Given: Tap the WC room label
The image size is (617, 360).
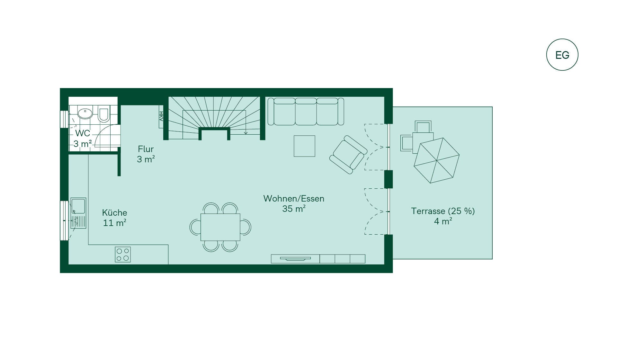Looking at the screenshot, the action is click(83, 133).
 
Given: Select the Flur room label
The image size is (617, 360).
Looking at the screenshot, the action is click(146, 149).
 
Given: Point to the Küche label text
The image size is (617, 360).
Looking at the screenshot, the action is click(114, 213).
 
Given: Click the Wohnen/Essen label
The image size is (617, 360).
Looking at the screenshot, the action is click(294, 199).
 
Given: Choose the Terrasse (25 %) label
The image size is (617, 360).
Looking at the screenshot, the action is click(443, 211).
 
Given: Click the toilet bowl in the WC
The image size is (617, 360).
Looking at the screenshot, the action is click(103, 114).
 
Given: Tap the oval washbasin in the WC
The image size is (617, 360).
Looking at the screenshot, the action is click(85, 113).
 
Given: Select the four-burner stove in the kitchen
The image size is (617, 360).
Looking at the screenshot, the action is click(123, 255).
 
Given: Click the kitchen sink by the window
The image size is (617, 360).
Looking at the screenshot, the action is click(78, 213).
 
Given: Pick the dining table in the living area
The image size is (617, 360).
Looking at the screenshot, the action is click(220, 227).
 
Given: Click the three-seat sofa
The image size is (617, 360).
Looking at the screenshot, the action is click(306, 112).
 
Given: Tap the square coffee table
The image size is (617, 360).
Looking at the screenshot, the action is click(304, 146).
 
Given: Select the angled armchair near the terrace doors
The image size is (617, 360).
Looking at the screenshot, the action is click(348, 155).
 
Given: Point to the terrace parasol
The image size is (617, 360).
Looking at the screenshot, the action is click(437, 160).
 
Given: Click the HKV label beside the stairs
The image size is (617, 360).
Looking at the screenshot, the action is click(161, 116).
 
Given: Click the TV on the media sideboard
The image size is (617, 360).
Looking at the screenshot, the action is click(295, 258).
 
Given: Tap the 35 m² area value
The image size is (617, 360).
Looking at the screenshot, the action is click(294, 209).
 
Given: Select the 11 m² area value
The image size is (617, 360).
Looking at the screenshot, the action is click(114, 223).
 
